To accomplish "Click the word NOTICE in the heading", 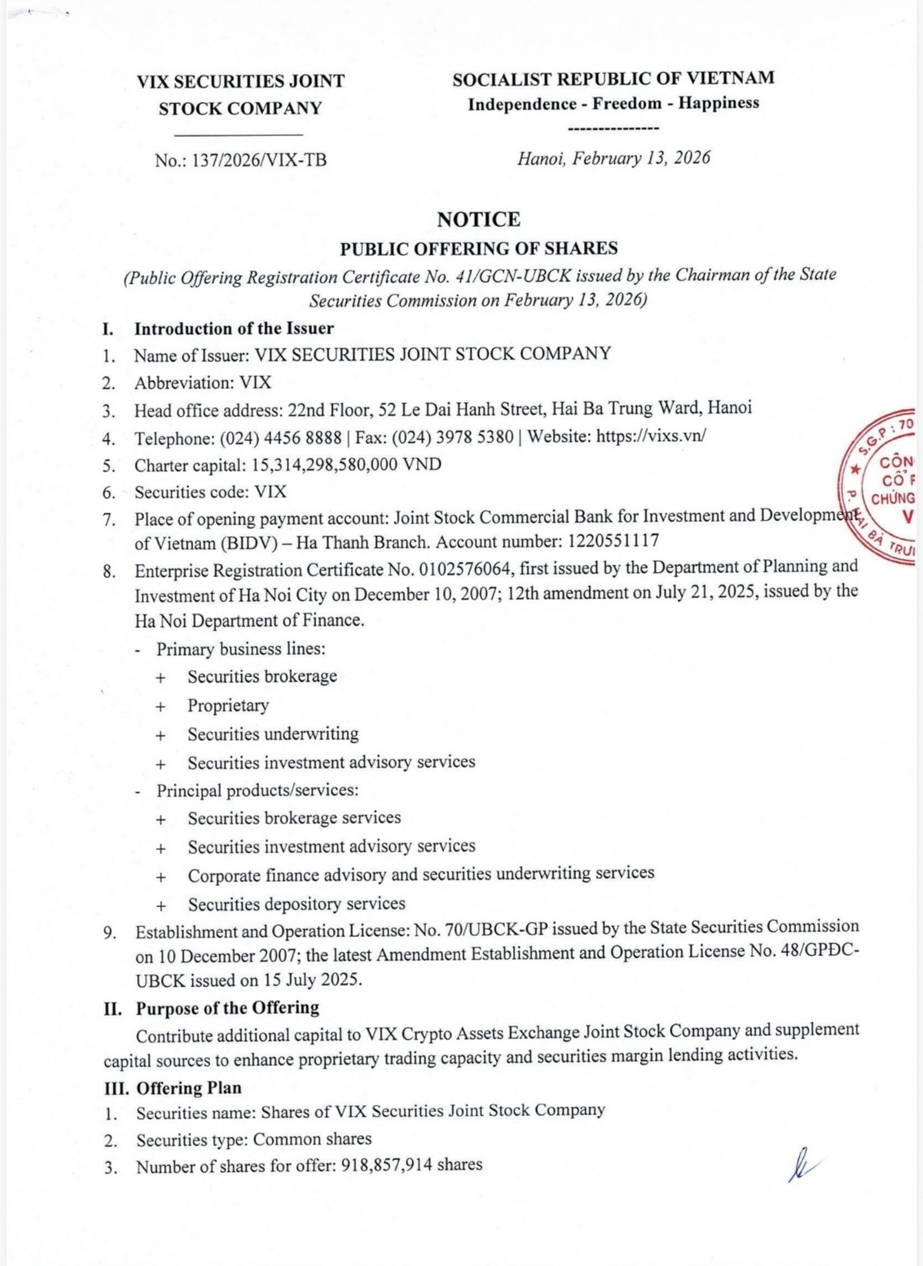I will [x=478, y=219].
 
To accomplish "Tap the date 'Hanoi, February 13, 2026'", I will [x=613, y=158].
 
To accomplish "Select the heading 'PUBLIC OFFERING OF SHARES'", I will [x=478, y=248].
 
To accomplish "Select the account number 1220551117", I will [x=613, y=541].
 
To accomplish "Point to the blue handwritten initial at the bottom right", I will [x=800, y=1165].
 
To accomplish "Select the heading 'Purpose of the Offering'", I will [x=227, y=1008].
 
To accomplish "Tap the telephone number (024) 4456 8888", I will [x=280, y=438].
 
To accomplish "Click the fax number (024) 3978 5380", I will [x=452, y=437].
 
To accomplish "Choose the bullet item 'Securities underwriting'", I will [x=273, y=734].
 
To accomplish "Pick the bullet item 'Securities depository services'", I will [x=296, y=904].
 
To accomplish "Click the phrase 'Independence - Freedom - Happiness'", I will [x=613, y=104].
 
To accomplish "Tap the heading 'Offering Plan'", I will [x=188, y=1088].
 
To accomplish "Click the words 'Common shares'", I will [x=312, y=1138].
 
